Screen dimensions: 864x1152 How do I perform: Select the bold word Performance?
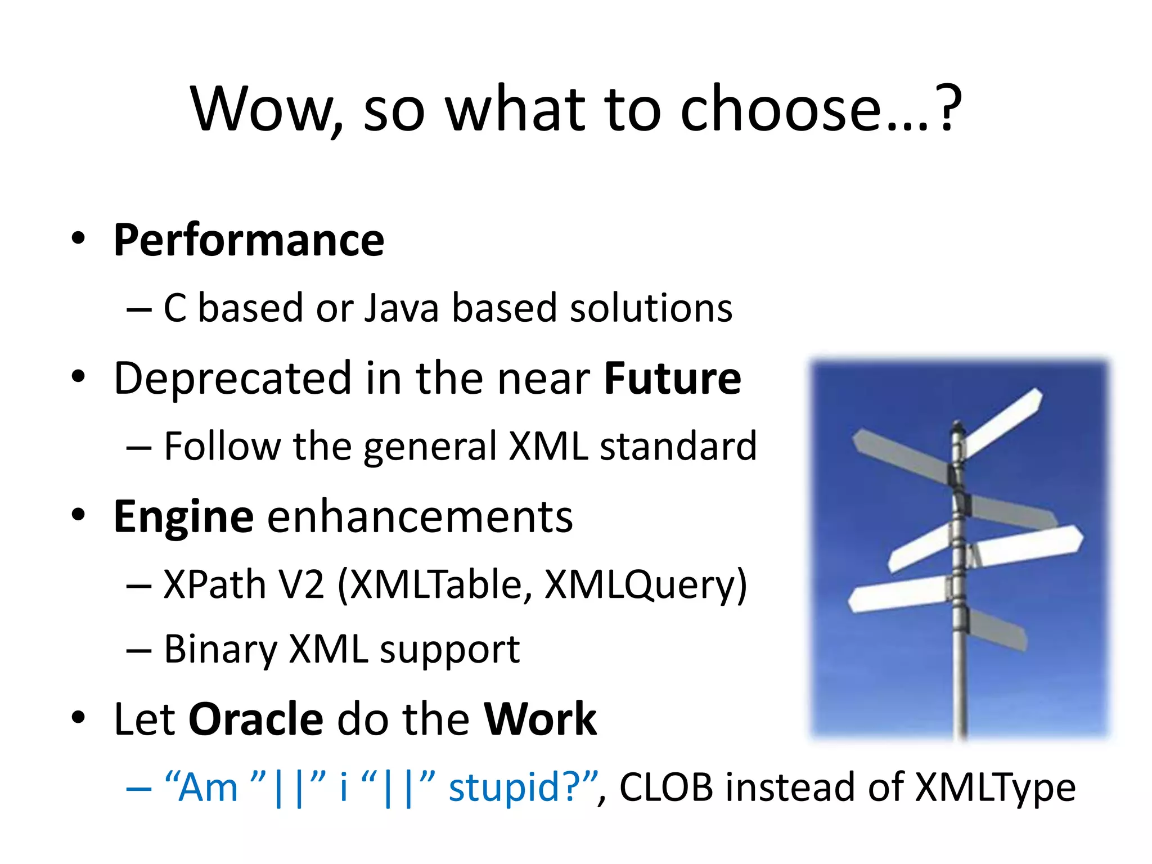click(x=249, y=241)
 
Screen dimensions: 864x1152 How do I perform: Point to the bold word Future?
click(x=673, y=379)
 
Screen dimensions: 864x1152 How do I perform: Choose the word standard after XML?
click(x=678, y=447)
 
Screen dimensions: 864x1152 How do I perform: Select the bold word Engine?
click(x=183, y=517)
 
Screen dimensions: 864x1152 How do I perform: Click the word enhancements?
click(x=420, y=517)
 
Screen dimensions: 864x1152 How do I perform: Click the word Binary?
click(x=220, y=650)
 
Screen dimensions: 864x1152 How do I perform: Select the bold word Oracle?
click(x=256, y=719)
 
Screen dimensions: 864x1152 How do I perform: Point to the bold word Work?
click(x=540, y=719)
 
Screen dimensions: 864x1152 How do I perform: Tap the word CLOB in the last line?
click(x=666, y=787)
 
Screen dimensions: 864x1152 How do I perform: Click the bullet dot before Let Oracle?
click(x=78, y=718)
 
